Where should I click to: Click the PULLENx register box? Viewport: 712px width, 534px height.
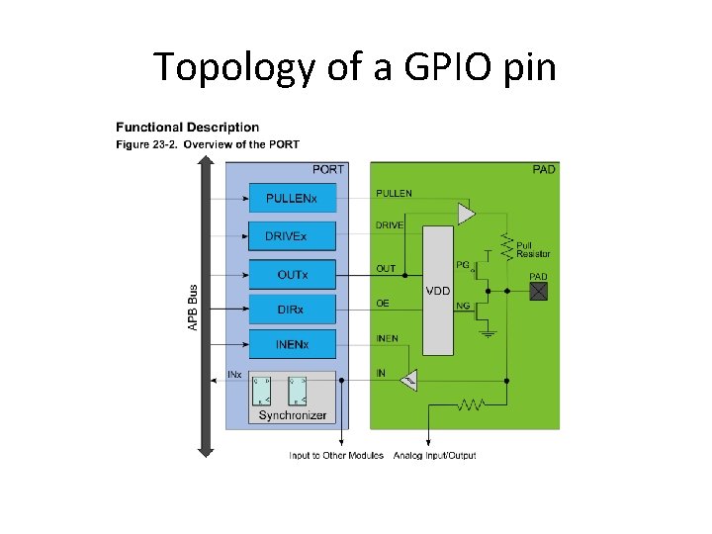292,199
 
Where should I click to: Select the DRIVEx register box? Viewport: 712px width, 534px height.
292,236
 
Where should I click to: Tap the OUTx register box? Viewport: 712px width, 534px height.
292,274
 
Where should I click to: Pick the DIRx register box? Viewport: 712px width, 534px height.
292,311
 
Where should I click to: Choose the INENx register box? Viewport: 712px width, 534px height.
292,345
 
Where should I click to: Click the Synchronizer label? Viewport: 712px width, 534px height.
292,415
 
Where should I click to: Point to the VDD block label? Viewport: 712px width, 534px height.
438,291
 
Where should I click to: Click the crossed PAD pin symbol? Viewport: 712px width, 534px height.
539,291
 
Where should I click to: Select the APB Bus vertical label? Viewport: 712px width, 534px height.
193,309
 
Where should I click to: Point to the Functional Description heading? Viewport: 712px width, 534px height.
188,127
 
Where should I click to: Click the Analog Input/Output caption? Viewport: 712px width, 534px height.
434,456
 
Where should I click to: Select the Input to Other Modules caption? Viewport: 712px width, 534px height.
335,456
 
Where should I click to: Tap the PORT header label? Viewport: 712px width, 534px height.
328,169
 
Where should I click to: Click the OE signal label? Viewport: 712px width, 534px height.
383,303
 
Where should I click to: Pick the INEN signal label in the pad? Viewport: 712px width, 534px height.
387,338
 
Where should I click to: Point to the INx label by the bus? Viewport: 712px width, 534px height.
235,375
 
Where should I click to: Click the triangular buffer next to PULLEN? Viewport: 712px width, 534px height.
466,213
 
